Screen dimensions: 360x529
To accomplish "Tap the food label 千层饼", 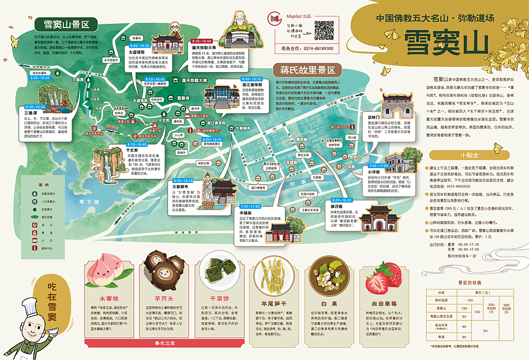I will [218, 298].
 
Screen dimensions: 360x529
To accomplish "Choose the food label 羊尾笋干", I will [275, 304].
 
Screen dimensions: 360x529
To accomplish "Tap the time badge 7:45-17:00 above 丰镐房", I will [250, 205].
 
